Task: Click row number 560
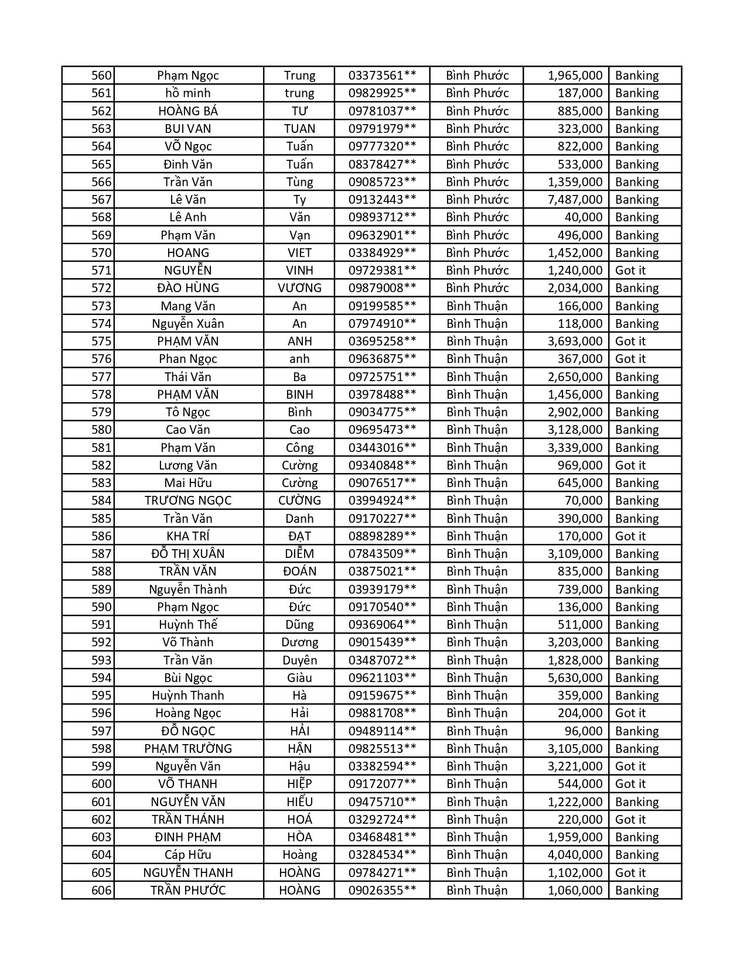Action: point(101,76)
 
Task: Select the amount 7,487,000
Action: point(575,200)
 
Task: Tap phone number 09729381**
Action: point(382,270)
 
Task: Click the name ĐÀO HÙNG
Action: point(188,288)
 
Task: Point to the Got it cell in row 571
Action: point(630,270)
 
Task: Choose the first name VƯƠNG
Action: point(299,288)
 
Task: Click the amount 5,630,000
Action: point(575,678)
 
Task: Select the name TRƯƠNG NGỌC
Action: point(188,501)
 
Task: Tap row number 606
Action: point(101,890)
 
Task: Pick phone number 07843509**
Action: point(382,554)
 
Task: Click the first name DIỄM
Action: point(299,554)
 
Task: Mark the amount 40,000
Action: point(584,217)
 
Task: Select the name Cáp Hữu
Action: point(188,855)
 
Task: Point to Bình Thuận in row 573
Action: point(477,306)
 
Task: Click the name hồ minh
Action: point(188,93)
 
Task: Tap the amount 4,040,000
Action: point(575,855)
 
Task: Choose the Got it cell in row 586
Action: point(630,536)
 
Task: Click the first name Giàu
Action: point(299,678)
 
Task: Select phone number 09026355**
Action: point(382,890)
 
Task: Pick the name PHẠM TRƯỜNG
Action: point(188,749)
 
